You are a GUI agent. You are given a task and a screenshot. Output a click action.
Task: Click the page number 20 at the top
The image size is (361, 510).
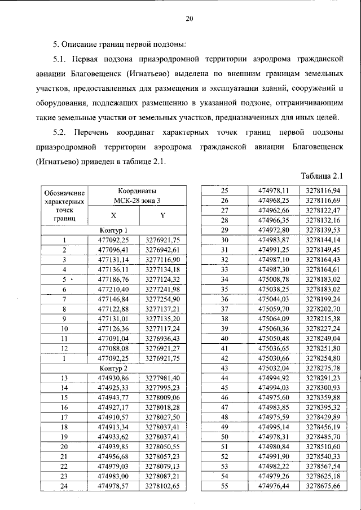click(190, 19)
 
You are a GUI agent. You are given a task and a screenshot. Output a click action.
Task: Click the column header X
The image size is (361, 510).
click(113, 215)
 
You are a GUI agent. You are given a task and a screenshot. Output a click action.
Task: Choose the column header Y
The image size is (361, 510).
click(161, 215)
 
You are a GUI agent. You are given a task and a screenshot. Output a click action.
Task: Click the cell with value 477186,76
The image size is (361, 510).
click(113, 279)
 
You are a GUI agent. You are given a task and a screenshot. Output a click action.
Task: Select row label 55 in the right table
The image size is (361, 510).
click(224, 486)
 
